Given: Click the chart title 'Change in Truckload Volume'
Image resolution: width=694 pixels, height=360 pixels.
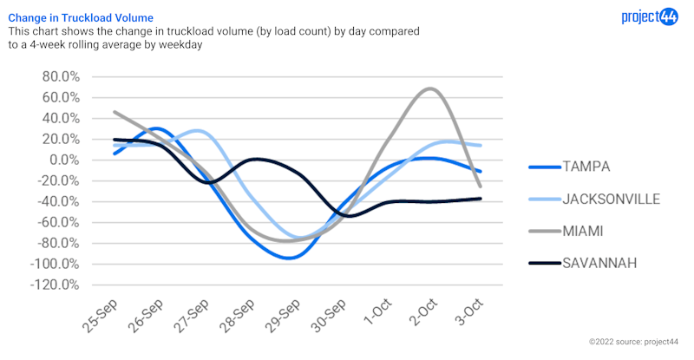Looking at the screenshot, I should coord(81,16).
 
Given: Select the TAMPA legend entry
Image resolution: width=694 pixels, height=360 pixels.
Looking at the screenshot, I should coord(586,167).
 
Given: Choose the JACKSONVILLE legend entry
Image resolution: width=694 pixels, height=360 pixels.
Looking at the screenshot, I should coord(611,199).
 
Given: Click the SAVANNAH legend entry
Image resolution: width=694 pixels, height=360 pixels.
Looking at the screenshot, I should coord(599,262).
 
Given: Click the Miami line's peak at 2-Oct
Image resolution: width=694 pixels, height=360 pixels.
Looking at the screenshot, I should coord(429,88).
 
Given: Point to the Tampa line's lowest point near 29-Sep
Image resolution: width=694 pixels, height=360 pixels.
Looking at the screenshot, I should coord(291,258).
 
